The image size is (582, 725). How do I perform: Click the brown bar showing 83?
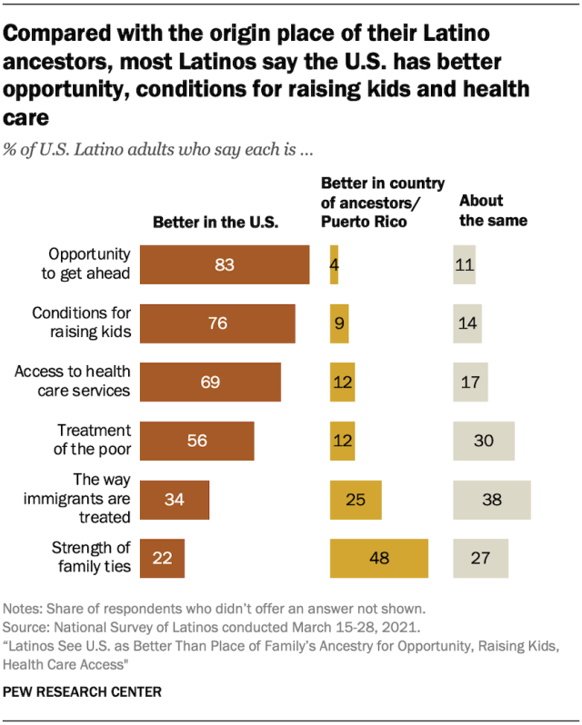tap(225, 265)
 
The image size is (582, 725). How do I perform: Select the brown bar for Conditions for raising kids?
tap(217, 323)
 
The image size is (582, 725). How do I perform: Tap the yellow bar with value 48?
tap(378, 558)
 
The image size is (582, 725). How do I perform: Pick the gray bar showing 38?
tap(492, 500)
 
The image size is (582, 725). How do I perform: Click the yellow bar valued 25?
tap(356, 500)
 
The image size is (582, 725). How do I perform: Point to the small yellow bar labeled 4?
tap(334, 265)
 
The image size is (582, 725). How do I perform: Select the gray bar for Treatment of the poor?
tap(484, 441)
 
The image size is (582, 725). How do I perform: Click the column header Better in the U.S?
tap(215, 222)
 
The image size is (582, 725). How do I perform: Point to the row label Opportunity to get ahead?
tap(90, 264)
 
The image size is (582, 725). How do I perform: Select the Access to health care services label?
tap(77, 382)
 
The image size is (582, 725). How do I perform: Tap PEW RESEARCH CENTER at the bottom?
tap(83, 692)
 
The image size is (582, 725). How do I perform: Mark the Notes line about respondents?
tap(213, 608)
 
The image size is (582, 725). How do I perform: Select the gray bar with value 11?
tap(465, 265)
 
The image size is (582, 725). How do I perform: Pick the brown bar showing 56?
tap(196, 441)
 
